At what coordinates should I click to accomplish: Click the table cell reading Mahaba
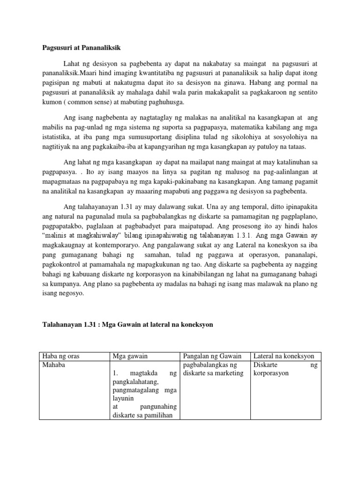tap(54, 364)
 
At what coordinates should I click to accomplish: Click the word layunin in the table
tap(123, 398)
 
